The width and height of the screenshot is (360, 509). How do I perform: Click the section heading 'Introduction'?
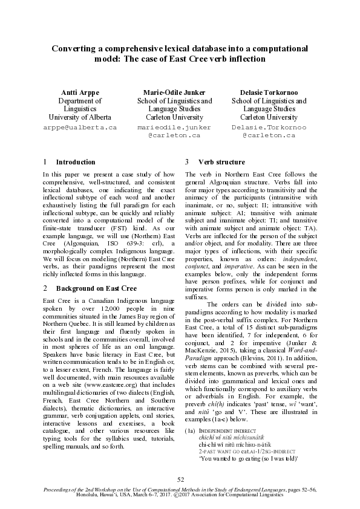(76, 162)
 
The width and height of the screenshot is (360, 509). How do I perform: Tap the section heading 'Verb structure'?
(221, 162)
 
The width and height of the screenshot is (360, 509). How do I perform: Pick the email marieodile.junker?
(174, 128)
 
